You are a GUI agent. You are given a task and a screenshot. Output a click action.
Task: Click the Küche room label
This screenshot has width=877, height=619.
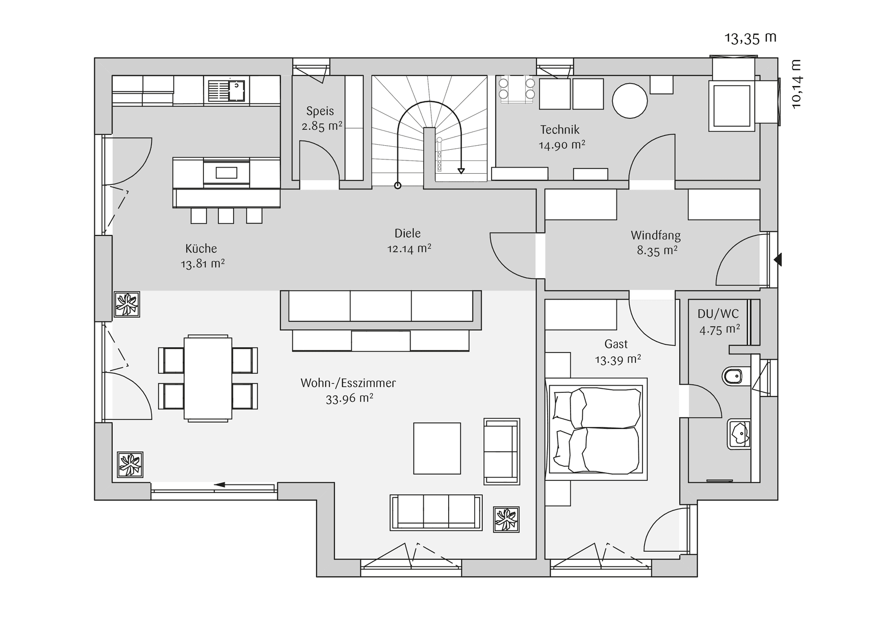point(201,249)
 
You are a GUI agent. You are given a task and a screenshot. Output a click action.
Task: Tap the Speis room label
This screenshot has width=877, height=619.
point(320,111)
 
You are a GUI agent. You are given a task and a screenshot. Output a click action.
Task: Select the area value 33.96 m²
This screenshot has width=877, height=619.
point(349,398)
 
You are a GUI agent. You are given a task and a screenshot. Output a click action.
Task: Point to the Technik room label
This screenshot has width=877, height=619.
point(560,129)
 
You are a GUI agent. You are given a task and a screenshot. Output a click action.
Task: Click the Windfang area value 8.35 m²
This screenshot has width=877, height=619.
point(657,250)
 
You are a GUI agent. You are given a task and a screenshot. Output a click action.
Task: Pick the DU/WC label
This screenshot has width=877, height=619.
point(718,314)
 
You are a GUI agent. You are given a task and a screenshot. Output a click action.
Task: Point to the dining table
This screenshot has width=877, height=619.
point(208,378)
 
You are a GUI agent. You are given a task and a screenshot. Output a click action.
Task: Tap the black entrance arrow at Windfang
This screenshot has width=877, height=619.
point(778,260)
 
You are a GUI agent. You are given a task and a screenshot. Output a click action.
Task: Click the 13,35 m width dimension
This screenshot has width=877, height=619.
point(750,38)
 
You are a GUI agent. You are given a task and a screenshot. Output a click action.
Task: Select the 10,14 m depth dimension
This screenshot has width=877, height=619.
point(796,84)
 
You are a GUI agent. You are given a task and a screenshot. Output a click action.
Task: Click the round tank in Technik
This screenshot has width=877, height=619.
point(630,100)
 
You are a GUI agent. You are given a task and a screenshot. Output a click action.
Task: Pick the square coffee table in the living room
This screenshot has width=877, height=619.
point(437,448)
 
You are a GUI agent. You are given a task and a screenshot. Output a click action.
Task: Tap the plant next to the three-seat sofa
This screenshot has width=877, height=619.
point(506,520)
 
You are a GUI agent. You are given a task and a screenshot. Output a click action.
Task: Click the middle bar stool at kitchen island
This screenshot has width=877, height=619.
point(226,216)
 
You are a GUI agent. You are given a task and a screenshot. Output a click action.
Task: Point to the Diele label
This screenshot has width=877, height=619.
point(407,233)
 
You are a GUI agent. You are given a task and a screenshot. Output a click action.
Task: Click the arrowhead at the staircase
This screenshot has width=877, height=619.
point(461,171)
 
